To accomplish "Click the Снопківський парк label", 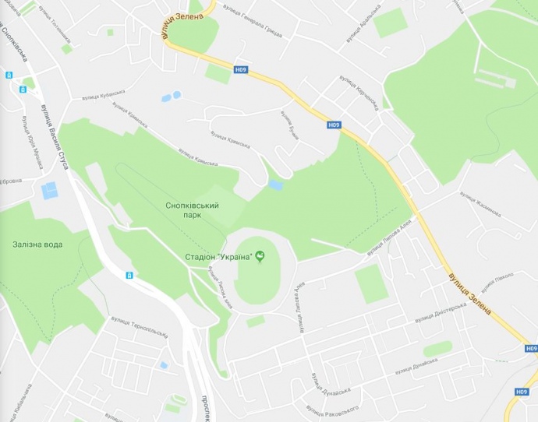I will coord(192,210).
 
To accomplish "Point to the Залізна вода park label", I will coord(37,244).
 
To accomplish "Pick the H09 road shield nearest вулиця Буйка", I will coord(334,125).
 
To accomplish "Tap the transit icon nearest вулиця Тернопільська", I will coord(129,275).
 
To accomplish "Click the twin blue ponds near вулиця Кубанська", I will coord(171,97).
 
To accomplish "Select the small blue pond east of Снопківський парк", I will coord(275,185).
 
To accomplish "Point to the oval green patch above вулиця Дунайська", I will coord(437,347).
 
